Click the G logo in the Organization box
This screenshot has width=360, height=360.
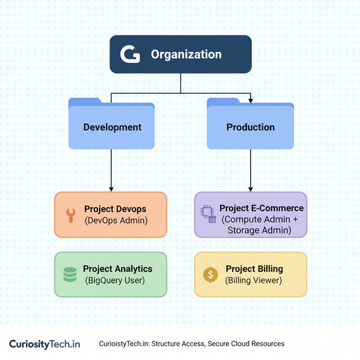130,54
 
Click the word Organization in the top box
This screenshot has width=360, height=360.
186,54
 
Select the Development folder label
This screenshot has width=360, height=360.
112,127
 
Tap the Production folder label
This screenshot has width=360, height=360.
250,127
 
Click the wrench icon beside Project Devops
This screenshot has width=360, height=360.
71,215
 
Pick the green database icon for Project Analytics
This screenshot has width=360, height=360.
70,274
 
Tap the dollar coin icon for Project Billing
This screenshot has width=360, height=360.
210,275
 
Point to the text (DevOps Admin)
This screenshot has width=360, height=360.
116,221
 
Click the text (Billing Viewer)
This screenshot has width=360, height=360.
253,280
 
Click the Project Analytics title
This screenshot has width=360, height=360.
117,269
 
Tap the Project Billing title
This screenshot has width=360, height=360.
254,269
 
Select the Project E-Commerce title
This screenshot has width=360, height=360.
261,209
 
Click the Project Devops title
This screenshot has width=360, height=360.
115,209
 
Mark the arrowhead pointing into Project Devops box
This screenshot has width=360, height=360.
111,189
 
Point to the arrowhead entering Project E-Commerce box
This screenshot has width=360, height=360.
251,189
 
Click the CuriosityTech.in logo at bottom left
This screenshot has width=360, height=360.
44,344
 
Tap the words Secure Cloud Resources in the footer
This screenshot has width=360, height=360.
246,344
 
